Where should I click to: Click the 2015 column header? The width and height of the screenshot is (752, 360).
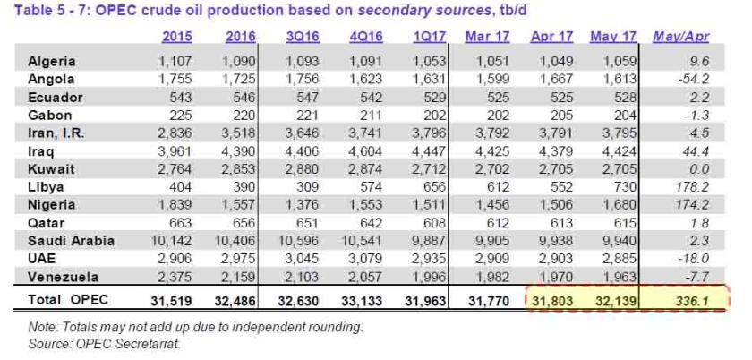pos(177,37)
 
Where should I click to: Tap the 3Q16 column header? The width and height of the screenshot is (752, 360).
pos(302,37)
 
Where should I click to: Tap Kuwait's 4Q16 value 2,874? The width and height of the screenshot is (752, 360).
pos(362,170)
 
